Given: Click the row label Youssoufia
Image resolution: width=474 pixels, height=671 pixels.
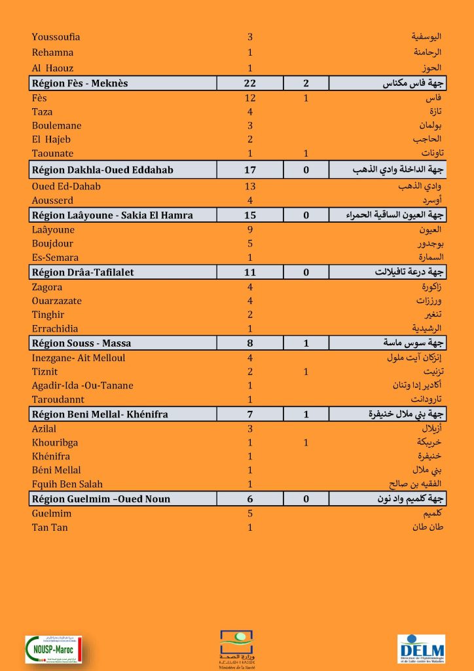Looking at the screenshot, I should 56,37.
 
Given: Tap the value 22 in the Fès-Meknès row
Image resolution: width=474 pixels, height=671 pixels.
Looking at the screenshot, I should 249,83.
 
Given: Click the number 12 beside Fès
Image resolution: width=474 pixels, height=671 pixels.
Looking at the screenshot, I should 249,98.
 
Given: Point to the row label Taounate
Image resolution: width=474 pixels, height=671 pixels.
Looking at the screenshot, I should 52,153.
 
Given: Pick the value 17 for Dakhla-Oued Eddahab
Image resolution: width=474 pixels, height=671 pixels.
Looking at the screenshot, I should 249,170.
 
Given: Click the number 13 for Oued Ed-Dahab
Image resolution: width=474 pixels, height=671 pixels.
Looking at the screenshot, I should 249,187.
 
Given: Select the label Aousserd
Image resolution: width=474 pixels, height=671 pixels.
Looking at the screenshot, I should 52,201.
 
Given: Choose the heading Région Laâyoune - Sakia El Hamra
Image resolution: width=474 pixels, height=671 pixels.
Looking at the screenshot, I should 112,215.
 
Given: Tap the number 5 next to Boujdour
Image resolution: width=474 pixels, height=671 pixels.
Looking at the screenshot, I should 249,244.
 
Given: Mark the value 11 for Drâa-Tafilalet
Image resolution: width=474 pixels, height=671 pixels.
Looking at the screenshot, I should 249,272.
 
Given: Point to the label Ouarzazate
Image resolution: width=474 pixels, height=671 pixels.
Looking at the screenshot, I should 57,301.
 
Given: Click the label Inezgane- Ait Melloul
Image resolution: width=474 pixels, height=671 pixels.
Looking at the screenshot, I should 79,358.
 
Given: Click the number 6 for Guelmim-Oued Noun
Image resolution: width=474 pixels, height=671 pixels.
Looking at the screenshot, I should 249,499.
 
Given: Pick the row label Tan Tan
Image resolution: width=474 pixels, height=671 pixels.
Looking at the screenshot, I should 50,527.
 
